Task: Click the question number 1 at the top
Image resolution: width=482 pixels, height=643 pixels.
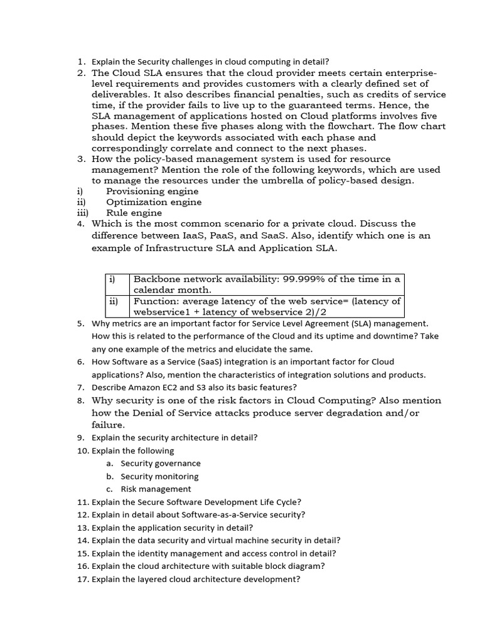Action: (x=80, y=62)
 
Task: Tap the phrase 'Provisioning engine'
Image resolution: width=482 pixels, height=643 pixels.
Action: (x=152, y=191)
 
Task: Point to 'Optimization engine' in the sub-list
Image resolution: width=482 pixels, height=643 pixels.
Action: (x=154, y=202)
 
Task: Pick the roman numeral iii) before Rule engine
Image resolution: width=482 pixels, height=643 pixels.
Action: (x=82, y=212)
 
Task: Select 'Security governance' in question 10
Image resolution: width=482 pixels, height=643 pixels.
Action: (x=161, y=463)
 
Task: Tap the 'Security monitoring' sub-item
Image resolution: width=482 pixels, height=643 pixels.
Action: (x=159, y=477)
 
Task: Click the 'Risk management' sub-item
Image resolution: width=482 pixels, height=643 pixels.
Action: (x=156, y=489)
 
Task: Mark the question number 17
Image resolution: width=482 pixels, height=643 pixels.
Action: (x=83, y=580)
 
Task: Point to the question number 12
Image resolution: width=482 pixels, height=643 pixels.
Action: (x=83, y=515)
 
